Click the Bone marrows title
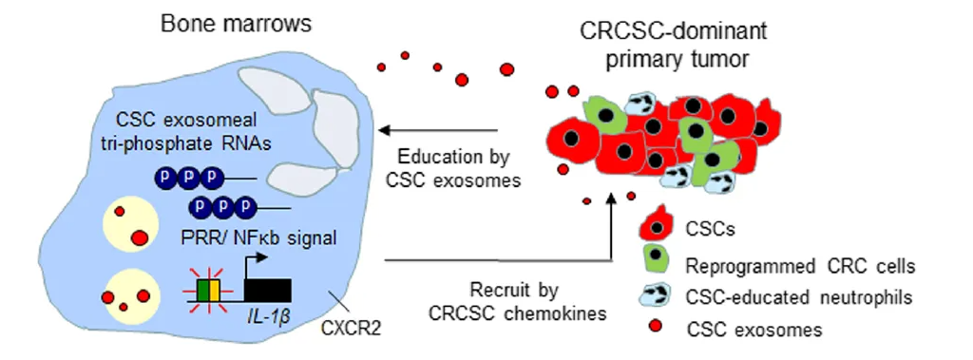coord(236,24)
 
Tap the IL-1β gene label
coord(268,320)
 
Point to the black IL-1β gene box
coord(267,292)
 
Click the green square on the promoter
coord(204,291)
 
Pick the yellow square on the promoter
coord(215,291)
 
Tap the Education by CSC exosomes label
coord(453,167)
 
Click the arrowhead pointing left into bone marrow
coord(384,130)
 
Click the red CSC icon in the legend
coord(656,224)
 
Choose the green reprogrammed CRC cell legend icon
coord(655,260)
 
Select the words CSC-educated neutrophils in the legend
coord(799,297)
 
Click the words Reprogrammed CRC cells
coord(800,267)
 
